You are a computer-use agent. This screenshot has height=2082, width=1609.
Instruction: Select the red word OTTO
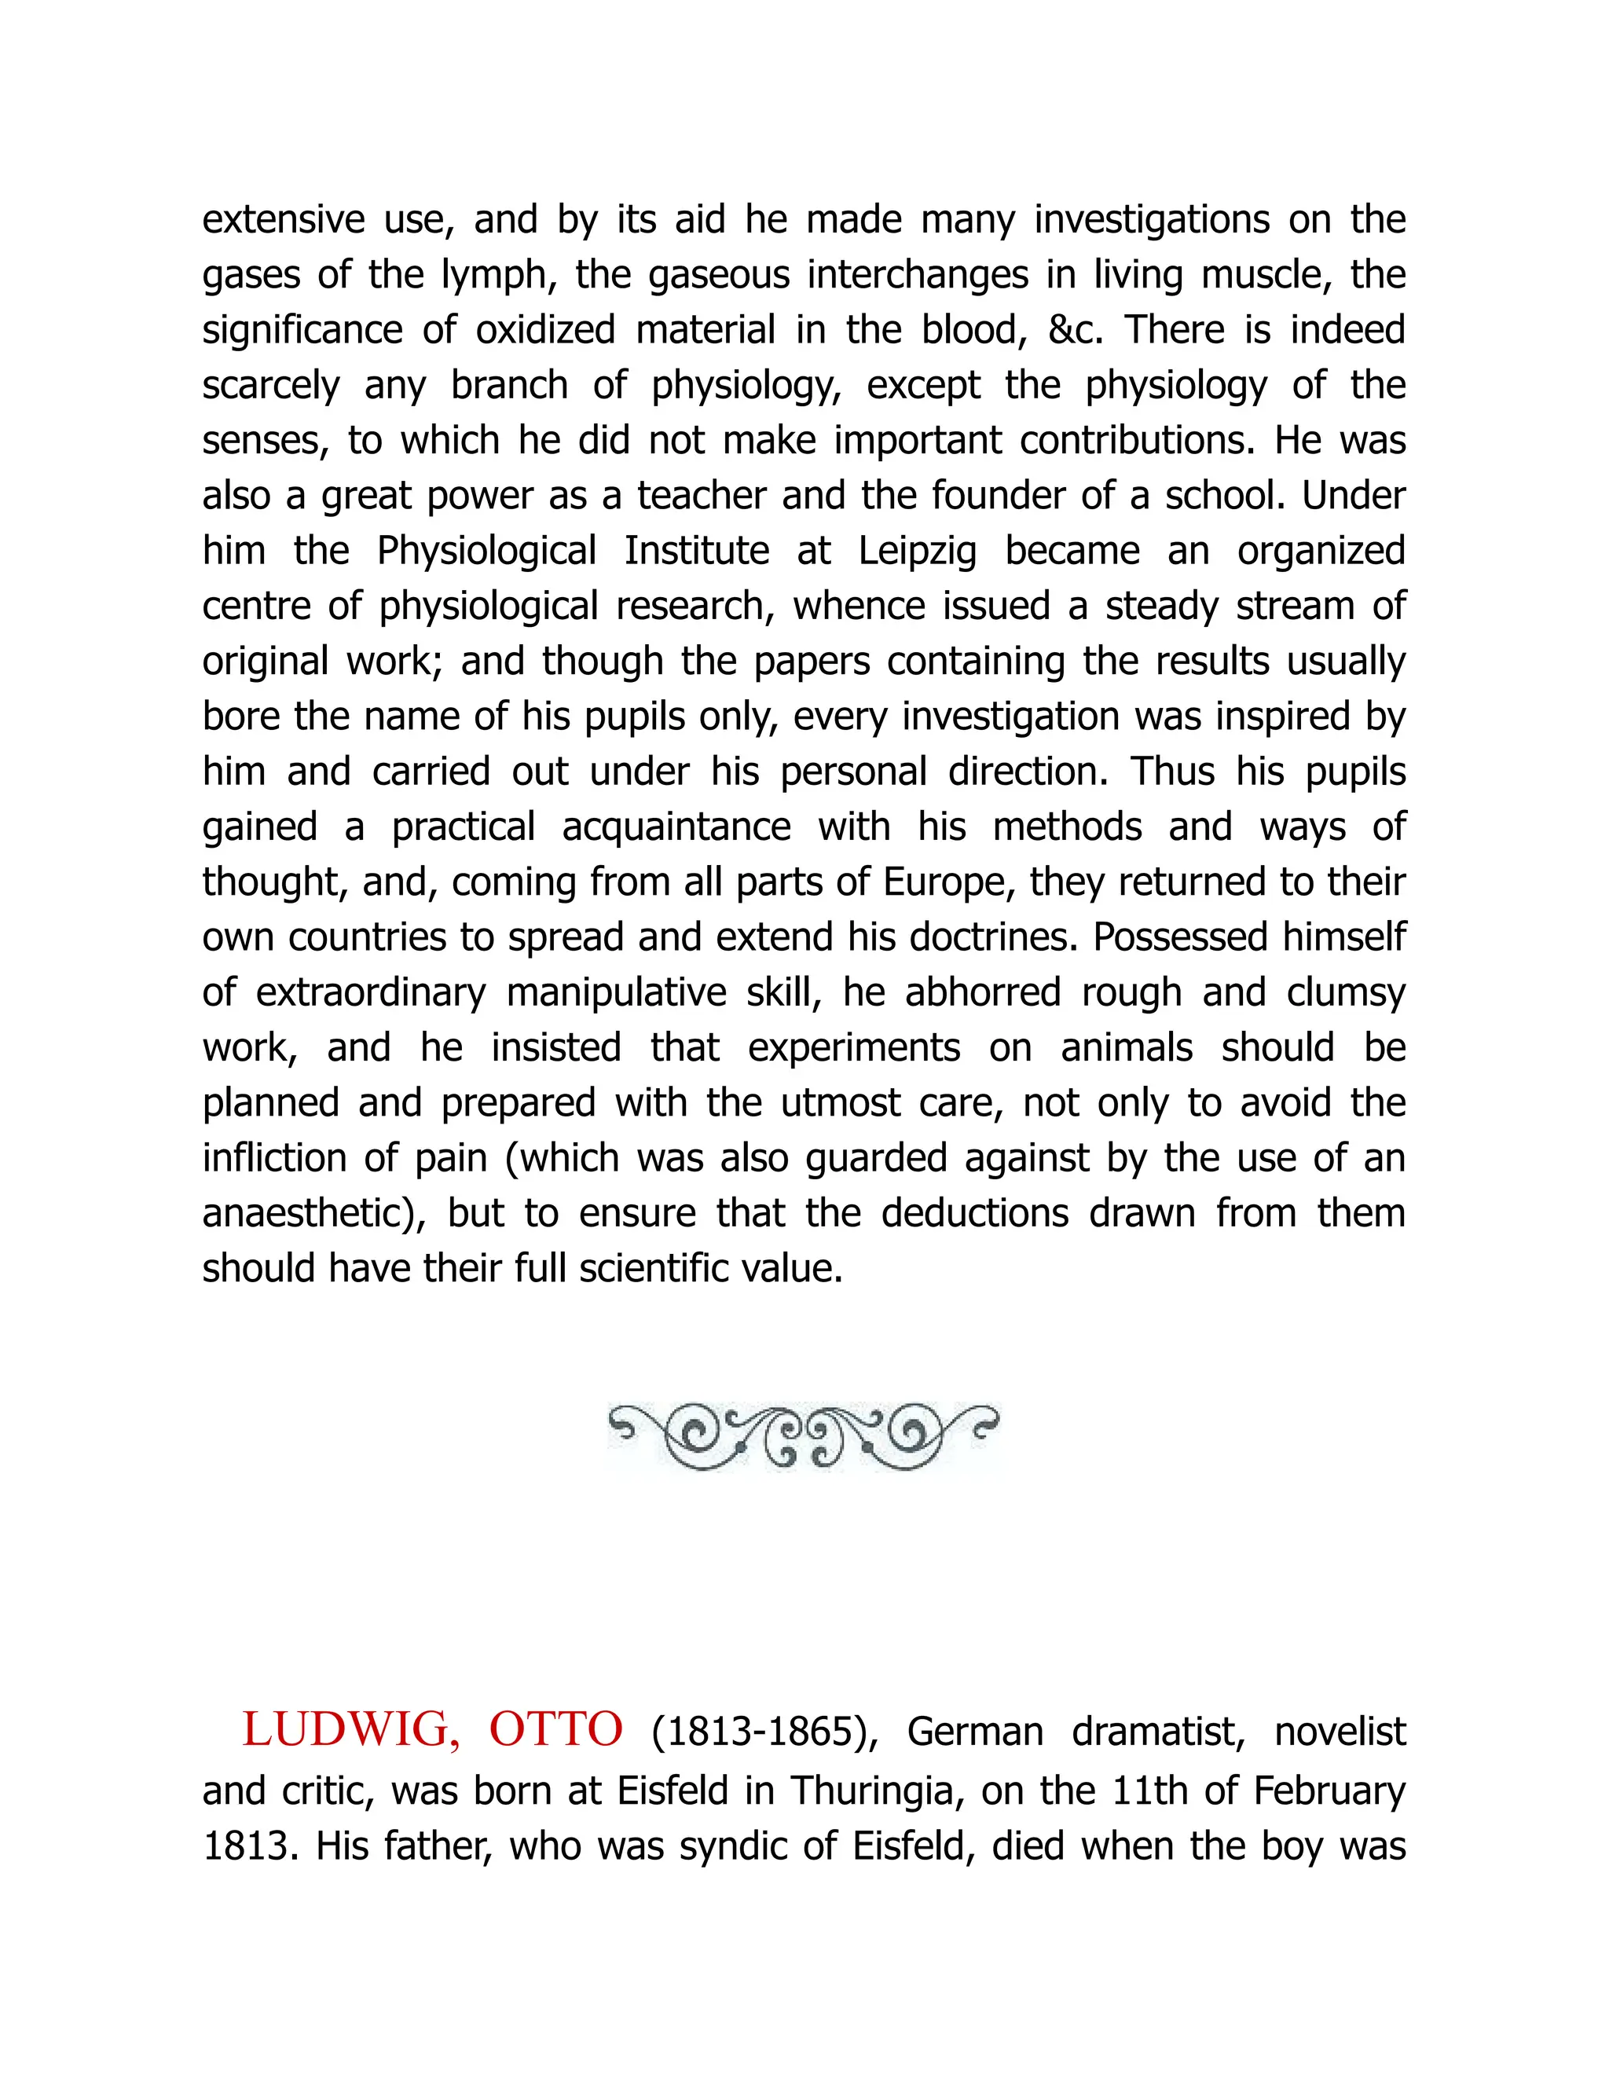coord(555,1730)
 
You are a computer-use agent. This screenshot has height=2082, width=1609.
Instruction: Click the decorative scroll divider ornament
coord(804,1437)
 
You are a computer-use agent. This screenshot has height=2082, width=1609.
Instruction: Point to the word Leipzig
coord(917,552)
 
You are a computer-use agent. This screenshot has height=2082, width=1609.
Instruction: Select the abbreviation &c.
coord(1076,331)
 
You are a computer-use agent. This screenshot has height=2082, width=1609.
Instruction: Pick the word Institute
coord(697,552)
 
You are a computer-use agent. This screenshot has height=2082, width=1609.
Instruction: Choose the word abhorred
coord(983,993)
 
